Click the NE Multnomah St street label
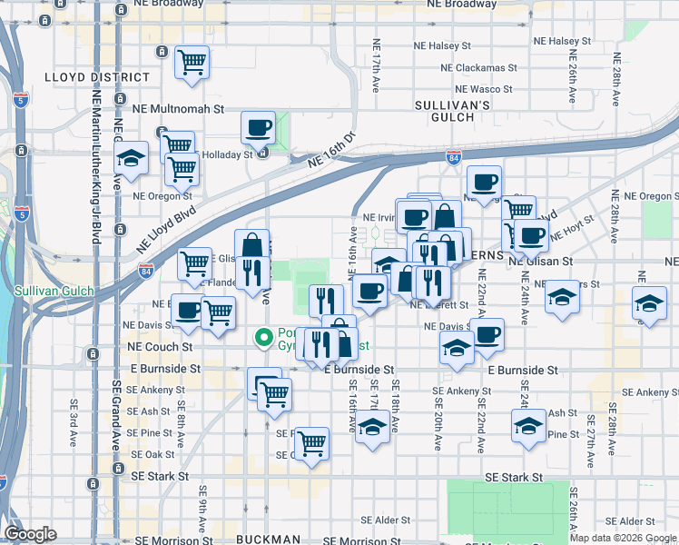coord(181,108)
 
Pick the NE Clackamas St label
coord(477,67)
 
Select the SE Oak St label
coord(153,454)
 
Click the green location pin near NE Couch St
coord(264,338)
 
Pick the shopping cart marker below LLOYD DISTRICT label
coord(192,63)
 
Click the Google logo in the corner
coord(30,534)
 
